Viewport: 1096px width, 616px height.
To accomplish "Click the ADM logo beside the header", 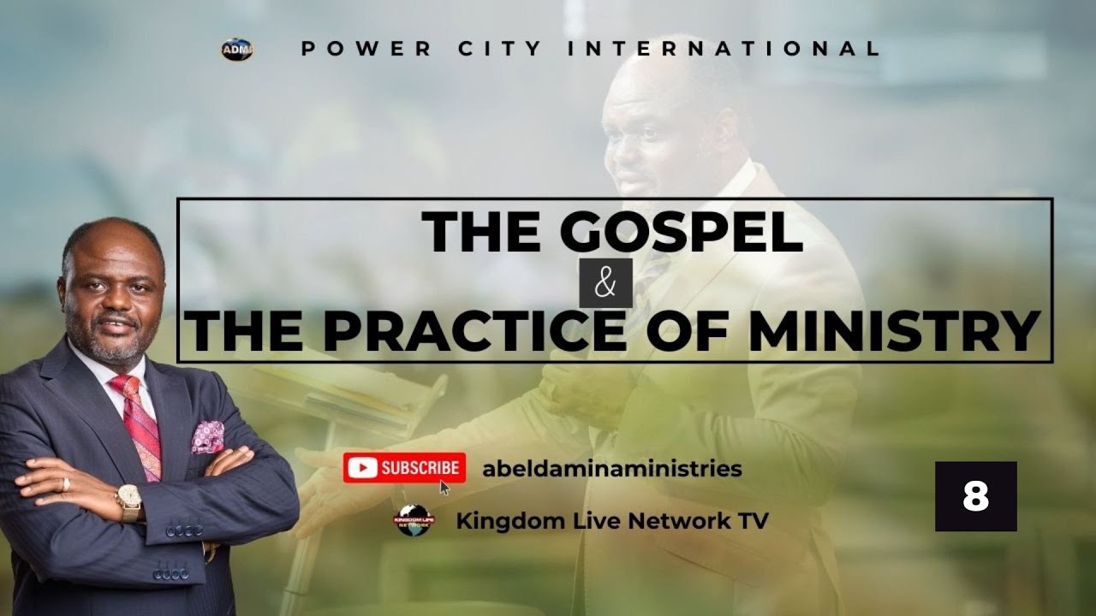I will point(236,50).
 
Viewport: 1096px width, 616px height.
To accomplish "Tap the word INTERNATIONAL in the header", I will point(724,49).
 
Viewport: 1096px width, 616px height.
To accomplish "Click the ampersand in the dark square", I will point(605,283).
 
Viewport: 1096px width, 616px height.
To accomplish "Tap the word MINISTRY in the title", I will point(894,332).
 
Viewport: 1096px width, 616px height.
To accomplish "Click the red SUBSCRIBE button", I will point(404,467).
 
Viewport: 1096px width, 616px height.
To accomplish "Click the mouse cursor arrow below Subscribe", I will point(444,488).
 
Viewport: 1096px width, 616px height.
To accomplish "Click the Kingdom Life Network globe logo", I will point(414,520).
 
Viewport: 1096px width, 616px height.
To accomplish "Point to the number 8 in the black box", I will point(975,496).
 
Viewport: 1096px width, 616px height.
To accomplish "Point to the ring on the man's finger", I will point(66,484).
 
